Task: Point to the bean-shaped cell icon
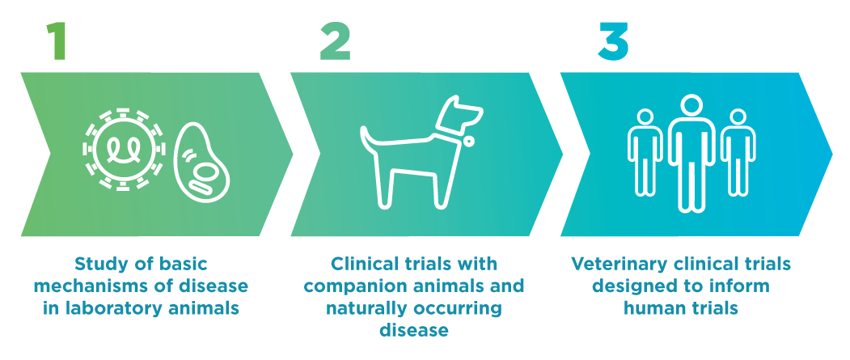pyautogui.click(x=201, y=163)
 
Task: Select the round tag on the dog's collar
pyautogui.click(x=467, y=141)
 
